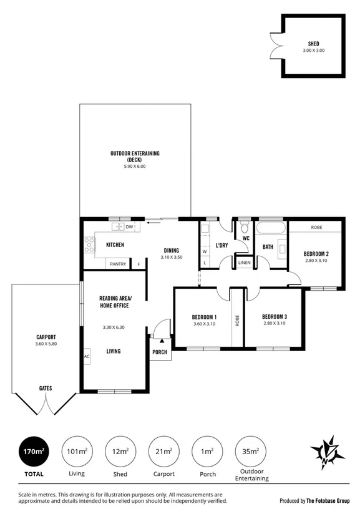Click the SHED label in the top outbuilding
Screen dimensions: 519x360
tap(314, 44)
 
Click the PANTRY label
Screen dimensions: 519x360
tap(118, 264)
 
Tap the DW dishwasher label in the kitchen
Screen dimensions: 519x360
tap(130, 227)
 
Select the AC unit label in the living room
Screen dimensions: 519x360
tap(87, 357)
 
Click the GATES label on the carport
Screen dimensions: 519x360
tap(46, 388)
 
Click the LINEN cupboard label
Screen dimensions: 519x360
tap(245, 263)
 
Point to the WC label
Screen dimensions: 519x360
tap(246, 238)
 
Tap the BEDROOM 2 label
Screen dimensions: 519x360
tap(316, 253)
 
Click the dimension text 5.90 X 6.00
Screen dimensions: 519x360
tap(135, 166)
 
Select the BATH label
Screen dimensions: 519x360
tap(268, 247)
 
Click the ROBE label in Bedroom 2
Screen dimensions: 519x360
tap(316, 227)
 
